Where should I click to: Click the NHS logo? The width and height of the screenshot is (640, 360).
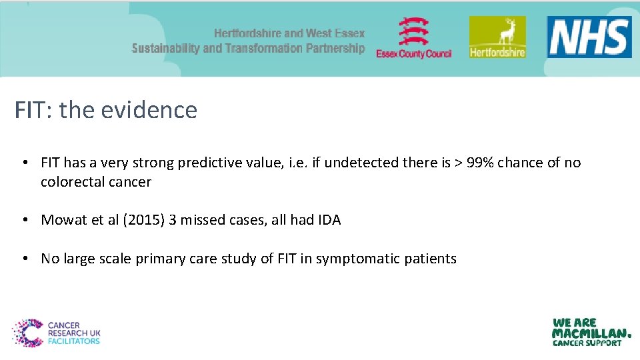tap(589, 37)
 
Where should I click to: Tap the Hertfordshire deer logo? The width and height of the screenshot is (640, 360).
tap(497, 37)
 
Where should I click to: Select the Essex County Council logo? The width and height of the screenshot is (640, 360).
tap(413, 39)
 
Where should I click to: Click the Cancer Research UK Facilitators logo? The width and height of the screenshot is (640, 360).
tap(56, 333)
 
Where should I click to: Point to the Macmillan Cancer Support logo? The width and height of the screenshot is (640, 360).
tap(591, 332)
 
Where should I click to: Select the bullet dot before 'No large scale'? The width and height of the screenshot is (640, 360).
tap(24, 259)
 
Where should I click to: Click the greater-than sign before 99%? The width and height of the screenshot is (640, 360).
tap(459, 163)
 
